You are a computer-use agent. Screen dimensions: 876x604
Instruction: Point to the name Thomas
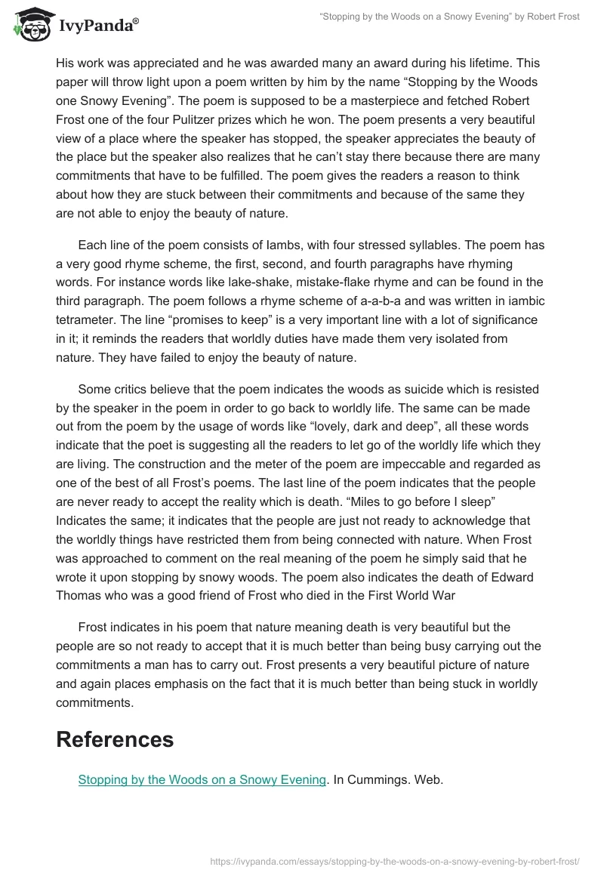click(87, 596)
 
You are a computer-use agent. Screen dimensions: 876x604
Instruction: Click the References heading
click(115, 739)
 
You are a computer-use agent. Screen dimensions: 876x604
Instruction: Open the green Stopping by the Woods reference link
click(202, 779)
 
